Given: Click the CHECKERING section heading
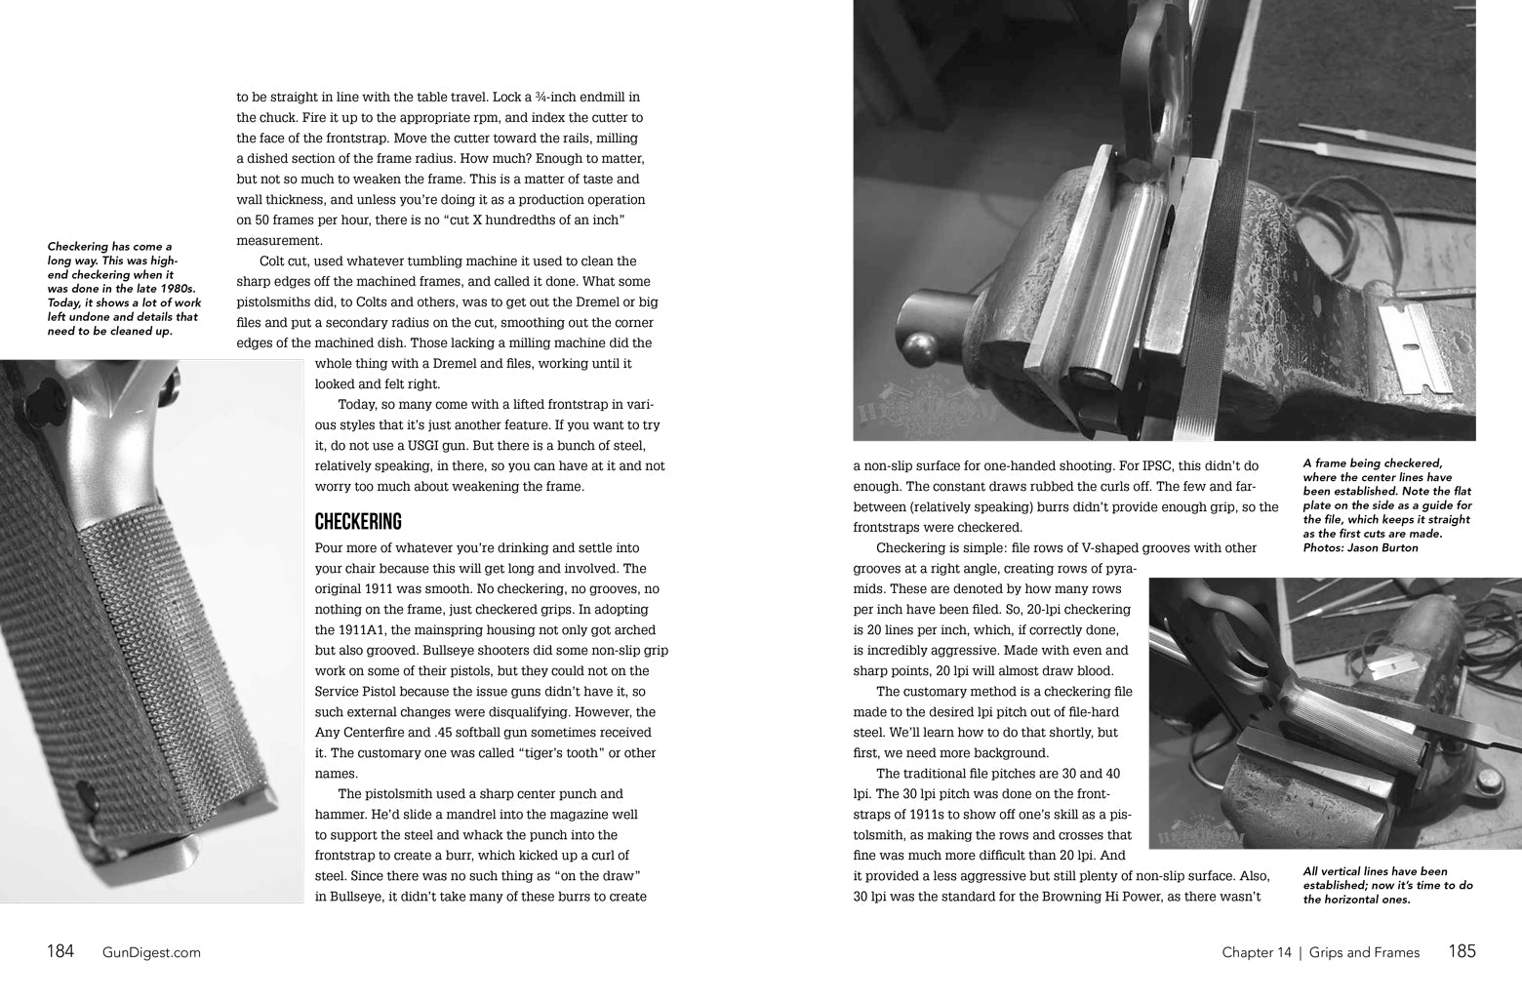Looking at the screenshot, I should (358, 522).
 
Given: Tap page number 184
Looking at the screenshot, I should (60, 951).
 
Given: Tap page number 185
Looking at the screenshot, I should (1462, 951).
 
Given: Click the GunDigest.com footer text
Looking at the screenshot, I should (151, 952).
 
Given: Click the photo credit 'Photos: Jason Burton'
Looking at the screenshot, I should (1361, 547).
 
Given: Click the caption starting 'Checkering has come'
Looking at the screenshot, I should (123, 289).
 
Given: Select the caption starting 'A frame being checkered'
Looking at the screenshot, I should (1386, 505).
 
